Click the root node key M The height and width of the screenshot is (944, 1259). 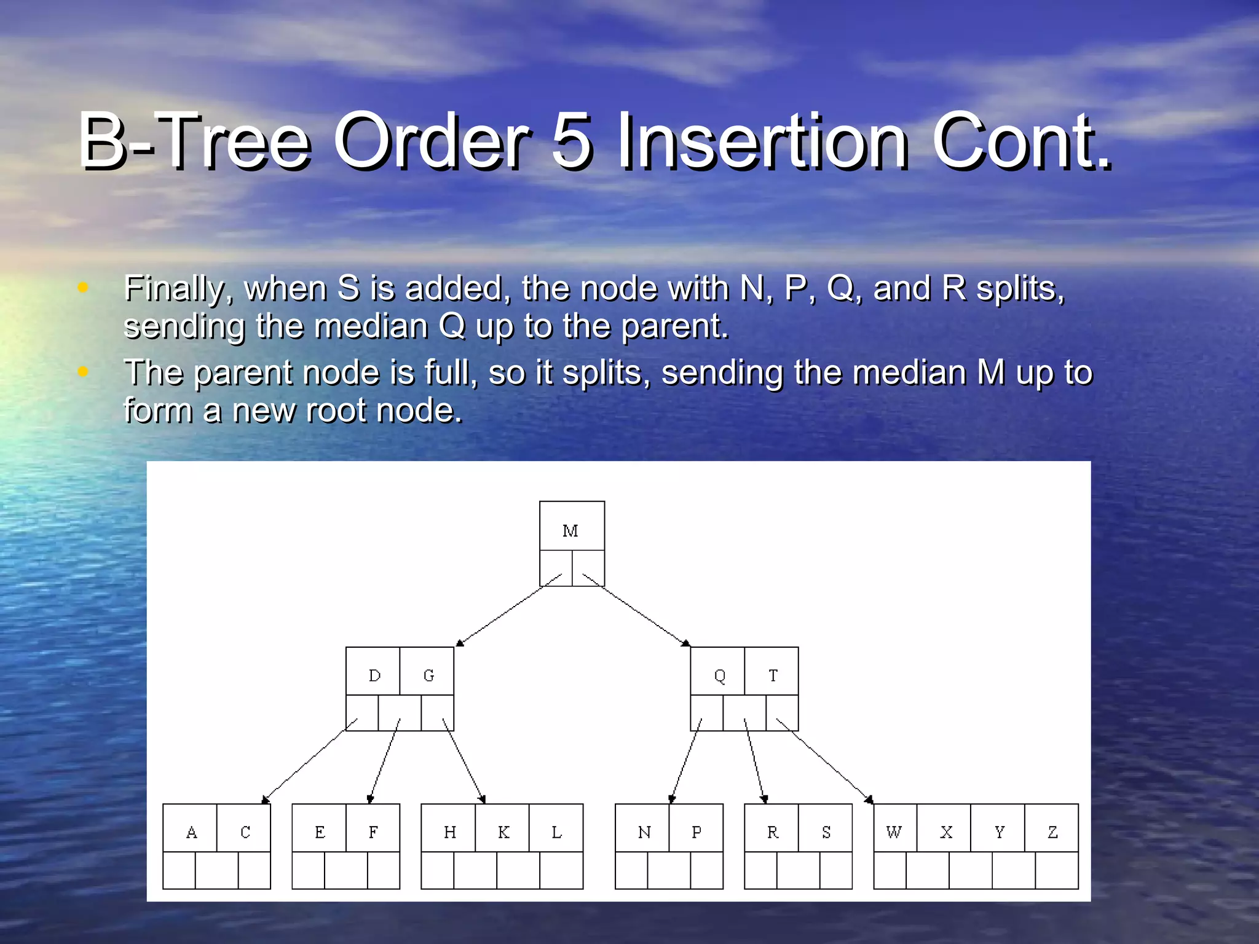coord(570,530)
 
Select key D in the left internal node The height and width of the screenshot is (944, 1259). coord(374,675)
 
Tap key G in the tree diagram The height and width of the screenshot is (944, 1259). coord(428,675)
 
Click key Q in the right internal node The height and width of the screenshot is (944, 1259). coord(719,676)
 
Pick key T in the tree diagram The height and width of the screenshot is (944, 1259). coord(773,675)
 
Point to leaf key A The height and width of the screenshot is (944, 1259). coord(191,832)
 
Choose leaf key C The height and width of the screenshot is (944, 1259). coord(245,832)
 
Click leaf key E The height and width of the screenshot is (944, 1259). coord(320,832)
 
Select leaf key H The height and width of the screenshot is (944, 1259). coord(450,832)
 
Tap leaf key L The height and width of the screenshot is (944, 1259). coord(556,832)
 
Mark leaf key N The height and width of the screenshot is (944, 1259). coord(644,832)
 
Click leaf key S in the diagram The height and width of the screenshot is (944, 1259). coord(826,832)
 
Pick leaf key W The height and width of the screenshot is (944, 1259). coord(894,832)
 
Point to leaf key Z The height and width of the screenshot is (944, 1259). coord(1052,832)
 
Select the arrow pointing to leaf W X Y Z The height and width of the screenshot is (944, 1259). coord(824,760)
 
